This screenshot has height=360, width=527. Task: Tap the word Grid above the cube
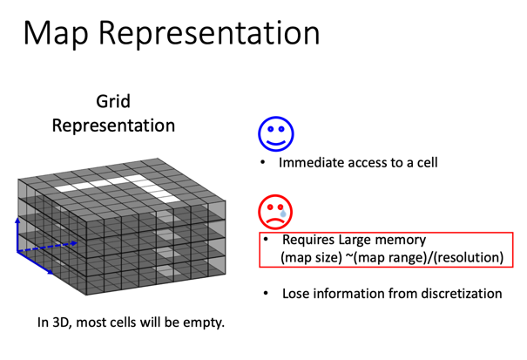pos(113,102)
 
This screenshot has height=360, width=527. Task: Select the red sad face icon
pos(275,212)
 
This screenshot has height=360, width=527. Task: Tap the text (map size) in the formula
pos(311,257)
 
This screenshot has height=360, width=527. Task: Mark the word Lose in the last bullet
pos(296,294)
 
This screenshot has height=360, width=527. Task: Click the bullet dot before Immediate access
pos(263,163)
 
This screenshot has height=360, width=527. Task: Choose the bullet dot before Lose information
pos(263,294)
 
